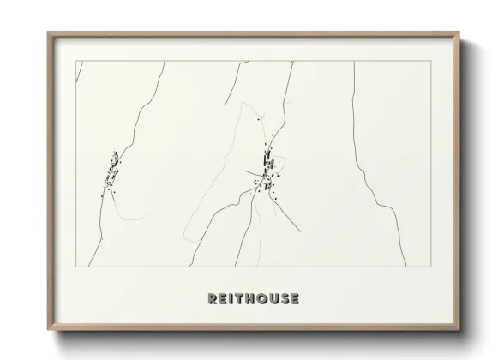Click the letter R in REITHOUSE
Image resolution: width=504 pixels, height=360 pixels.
click(212, 298)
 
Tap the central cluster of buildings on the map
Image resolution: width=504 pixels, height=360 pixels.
click(268, 171)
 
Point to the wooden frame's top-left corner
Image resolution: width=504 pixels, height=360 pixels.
click(48, 33)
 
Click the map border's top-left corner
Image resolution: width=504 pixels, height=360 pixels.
click(77, 62)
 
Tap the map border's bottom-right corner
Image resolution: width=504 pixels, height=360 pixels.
click(429, 256)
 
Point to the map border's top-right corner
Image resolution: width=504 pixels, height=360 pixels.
click(429, 62)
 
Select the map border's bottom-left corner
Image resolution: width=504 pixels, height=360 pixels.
click(77, 256)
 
